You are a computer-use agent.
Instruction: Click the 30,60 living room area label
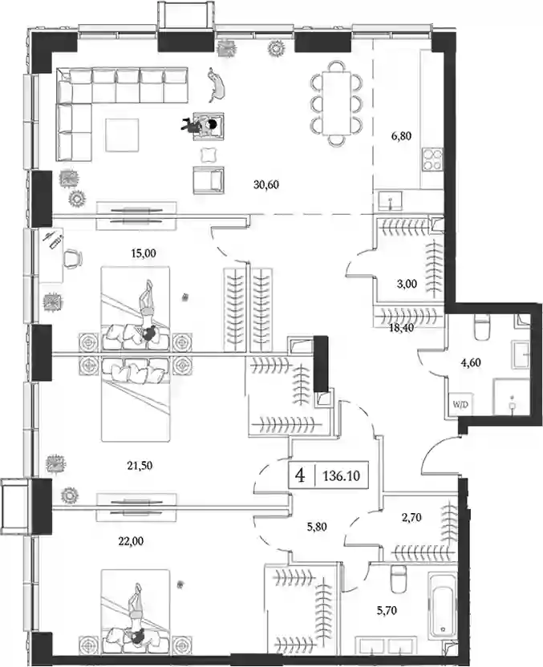pyautogui.click(x=266, y=184)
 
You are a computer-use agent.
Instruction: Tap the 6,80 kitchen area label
pyautogui.click(x=401, y=136)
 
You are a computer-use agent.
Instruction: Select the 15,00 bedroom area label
pyautogui.click(x=144, y=253)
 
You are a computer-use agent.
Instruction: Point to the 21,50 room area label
pyautogui.click(x=140, y=465)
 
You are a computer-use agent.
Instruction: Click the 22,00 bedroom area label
pyautogui.click(x=131, y=541)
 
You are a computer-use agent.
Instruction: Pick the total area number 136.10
pyautogui.click(x=342, y=475)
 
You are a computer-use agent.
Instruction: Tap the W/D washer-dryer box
pyautogui.click(x=460, y=405)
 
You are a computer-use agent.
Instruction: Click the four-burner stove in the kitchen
pyautogui.click(x=432, y=160)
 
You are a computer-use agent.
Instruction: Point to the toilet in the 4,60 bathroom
pyautogui.click(x=483, y=327)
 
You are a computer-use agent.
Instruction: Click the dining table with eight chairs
pyautogui.click(x=337, y=103)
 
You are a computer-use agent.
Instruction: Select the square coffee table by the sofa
pyautogui.click(x=122, y=135)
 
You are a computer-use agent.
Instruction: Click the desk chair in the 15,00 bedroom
pyautogui.click(x=73, y=258)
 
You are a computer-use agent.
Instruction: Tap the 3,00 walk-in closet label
pyautogui.click(x=407, y=284)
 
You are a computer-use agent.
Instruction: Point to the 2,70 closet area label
pyautogui.click(x=411, y=517)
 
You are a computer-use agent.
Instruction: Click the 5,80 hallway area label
pyautogui.click(x=317, y=527)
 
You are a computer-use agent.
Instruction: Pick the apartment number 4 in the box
pyautogui.click(x=301, y=475)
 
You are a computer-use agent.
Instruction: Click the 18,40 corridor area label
pyautogui.click(x=401, y=327)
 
